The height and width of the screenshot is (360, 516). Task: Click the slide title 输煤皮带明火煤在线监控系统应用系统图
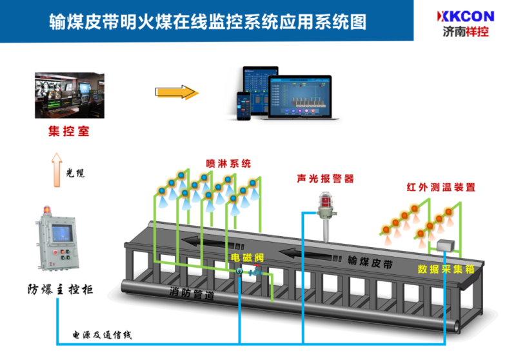[208, 23]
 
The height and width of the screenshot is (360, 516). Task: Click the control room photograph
[69, 95]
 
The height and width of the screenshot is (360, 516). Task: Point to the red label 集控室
[68, 132]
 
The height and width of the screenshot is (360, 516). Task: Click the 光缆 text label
[76, 173]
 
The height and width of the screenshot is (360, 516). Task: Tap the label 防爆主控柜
[60, 288]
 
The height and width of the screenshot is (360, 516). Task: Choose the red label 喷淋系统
[228, 164]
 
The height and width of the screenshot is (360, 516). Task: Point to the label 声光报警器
[326, 179]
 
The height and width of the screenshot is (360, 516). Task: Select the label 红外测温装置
[441, 188]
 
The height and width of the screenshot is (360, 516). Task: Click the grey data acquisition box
[444, 245]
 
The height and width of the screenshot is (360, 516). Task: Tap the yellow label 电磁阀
[248, 257]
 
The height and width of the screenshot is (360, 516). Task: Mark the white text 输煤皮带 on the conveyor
[370, 261]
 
